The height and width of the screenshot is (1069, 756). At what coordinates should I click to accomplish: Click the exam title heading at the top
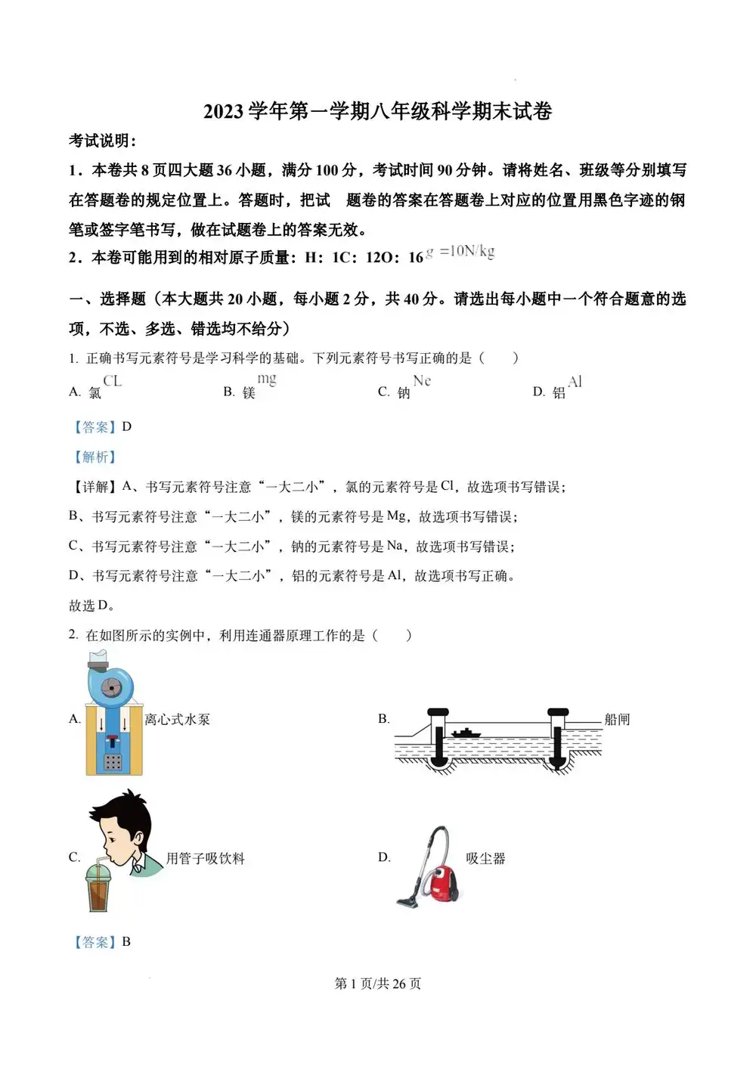click(x=377, y=112)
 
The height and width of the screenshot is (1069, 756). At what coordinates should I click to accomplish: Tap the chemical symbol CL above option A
click(x=113, y=381)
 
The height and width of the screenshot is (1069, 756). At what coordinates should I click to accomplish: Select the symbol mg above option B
click(x=267, y=379)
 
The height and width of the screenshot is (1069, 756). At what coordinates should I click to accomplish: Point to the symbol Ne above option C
click(x=422, y=381)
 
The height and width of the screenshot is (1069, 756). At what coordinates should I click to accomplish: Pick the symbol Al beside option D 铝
click(x=575, y=382)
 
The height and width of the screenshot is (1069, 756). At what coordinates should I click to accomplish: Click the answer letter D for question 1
click(x=127, y=427)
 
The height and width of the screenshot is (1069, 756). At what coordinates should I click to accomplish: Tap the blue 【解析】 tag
click(x=94, y=457)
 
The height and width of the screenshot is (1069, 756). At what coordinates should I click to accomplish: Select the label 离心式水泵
click(x=177, y=720)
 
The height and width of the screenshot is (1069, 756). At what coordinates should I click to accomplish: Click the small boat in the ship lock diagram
click(x=466, y=733)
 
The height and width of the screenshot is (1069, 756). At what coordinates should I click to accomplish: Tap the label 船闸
click(x=617, y=720)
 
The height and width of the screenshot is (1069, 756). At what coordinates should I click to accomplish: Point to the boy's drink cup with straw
click(x=98, y=888)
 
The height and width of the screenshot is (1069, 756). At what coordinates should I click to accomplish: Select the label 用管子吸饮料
click(x=206, y=859)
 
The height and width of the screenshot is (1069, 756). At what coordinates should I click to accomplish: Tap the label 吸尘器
click(x=485, y=859)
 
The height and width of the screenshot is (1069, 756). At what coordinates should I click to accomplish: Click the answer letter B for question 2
click(x=126, y=942)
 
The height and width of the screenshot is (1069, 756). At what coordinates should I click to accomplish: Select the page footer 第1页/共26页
click(x=377, y=984)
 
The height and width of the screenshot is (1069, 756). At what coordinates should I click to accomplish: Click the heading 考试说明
click(x=103, y=141)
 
